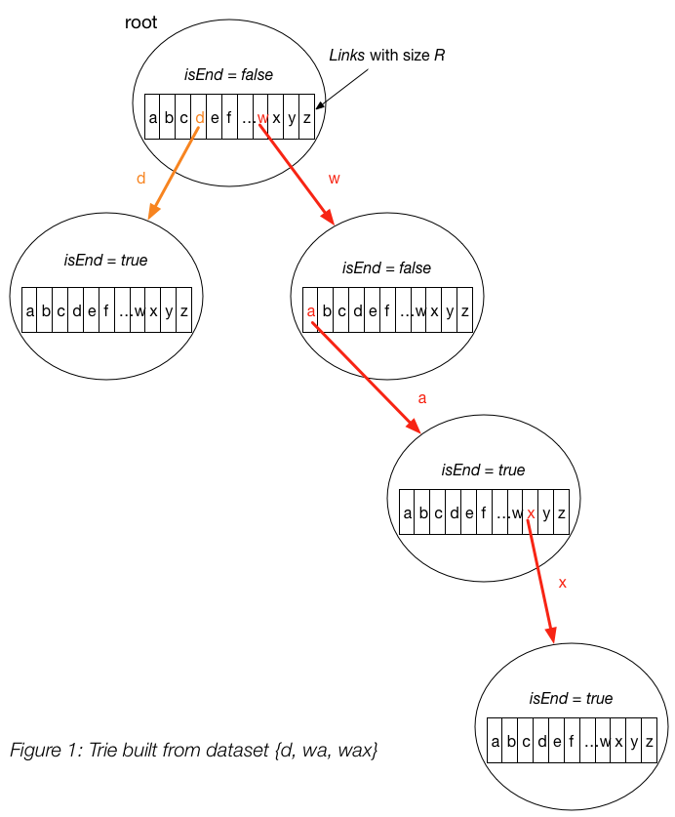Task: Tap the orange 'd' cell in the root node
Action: pos(200,118)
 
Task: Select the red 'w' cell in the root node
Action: pos(261,118)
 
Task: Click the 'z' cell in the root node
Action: pos(306,118)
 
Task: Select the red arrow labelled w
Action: pos(298,172)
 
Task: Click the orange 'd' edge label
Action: pos(140,179)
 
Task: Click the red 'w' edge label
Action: pos(335,179)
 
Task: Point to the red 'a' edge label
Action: pos(421,397)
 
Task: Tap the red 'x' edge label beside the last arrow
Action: pos(562,583)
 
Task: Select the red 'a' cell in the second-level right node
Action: pos(311,311)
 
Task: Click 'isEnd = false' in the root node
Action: pos(229,74)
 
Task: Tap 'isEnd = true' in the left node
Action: pos(105,260)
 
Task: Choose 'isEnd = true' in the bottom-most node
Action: pos(571,698)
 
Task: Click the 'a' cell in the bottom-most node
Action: pos(496,742)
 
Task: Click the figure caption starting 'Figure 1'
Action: pos(193,751)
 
